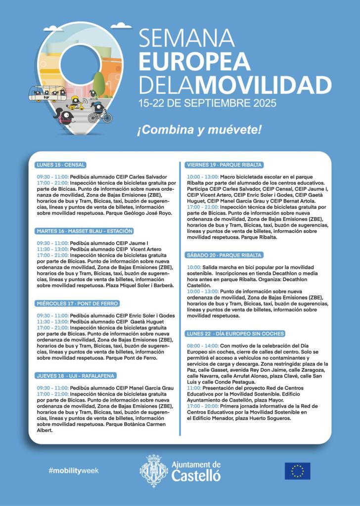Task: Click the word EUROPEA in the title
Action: [194, 61]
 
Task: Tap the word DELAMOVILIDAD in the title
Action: [235, 85]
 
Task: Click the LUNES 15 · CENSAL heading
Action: [61, 165]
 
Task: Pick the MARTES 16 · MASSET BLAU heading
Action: [85, 231]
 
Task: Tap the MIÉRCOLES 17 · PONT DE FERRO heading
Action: [78, 303]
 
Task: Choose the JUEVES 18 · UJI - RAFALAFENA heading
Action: [76, 376]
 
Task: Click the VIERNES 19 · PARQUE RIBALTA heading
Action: [224, 165]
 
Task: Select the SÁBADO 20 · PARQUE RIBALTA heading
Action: [224, 255]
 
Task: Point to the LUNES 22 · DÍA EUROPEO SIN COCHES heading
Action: [235, 334]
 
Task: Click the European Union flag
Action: [297, 471]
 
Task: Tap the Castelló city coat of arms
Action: [154, 471]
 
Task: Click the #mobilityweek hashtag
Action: [74, 470]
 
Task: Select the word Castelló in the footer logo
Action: [196, 476]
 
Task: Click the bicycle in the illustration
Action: [100, 117]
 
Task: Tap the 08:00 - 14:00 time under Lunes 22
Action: [202, 344]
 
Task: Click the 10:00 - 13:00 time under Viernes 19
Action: [202, 176]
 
